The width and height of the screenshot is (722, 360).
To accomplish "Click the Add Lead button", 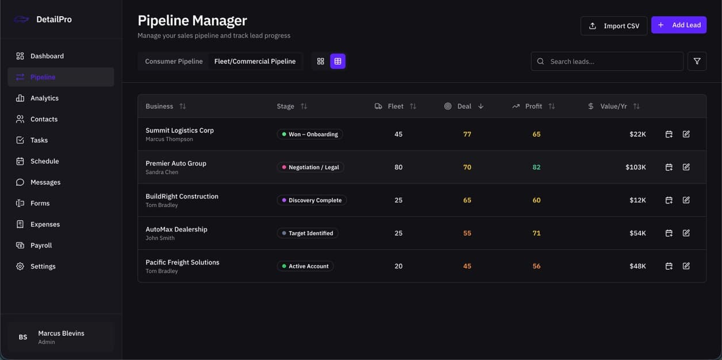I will pyautogui.click(x=678, y=25).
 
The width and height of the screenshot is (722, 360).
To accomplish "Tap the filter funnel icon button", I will pyautogui.click(x=697, y=62).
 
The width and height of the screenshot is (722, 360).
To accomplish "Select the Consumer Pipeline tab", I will pyautogui.click(x=174, y=62).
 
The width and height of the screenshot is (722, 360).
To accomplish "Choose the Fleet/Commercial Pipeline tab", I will pyautogui.click(x=255, y=62).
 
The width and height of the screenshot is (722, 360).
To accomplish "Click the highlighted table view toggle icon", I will pyautogui.click(x=337, y=62).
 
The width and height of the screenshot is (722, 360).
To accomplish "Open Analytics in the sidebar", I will pyautogui.click(x=44, y=98).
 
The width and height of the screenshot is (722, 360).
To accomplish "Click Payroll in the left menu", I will pyautogui.click(x=41, y=246).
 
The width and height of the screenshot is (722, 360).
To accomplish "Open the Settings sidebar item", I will pyautogui.click(x=43, y=267).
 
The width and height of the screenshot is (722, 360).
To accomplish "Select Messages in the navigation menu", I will pyautogui.click(x=45, y=182).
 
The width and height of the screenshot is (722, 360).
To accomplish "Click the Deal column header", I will pyautogui.click(x=464, y=106).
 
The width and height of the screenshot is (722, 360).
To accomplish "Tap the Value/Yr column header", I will pyautogui.click(x=614, y=106).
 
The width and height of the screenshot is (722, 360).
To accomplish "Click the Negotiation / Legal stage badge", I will pyautogui.click(x=310, y=167).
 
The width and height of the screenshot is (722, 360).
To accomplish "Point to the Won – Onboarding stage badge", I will pyautogui.click(x=309, y=135).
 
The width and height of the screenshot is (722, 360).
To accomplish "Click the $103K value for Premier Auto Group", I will pyautogui.click(x=635, y=167).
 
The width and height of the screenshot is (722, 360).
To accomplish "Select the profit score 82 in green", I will pyautogui.click(x=536, y=167).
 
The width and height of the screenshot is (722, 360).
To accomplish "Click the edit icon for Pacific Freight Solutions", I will pyautogui.click(x=686, y=266).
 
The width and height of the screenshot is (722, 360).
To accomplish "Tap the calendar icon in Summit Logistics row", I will pyautogui.click(x=669, y=135).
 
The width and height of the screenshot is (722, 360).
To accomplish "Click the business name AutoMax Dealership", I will pyautogui.click(x=176, y=229).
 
